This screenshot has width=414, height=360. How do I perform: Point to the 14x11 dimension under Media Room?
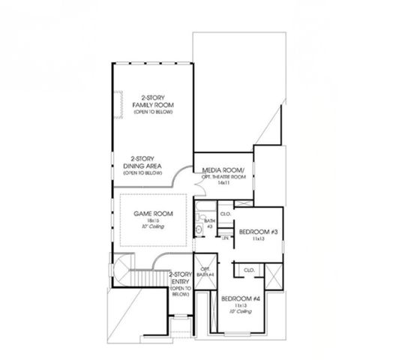[223, 182]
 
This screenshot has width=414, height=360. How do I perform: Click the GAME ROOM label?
[153, 214]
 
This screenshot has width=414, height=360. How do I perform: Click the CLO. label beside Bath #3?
[225, 214]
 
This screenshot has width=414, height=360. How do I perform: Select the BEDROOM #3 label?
[257, 232]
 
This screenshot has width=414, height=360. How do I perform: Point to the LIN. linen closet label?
[224, 237]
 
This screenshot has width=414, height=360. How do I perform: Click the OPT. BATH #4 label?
[203, 271]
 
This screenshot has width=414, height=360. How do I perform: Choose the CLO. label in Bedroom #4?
[249, 268]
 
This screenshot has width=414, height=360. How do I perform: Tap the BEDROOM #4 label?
[239, 299]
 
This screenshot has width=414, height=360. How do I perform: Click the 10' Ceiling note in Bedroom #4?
[239, 312]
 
